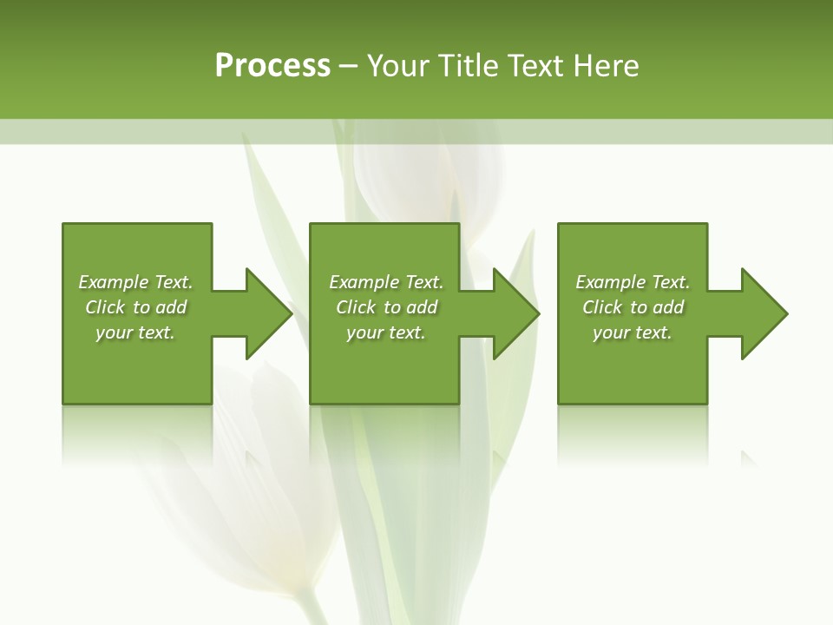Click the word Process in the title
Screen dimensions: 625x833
click(x=272, y=66)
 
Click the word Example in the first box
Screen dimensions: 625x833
click(x=113, y=282)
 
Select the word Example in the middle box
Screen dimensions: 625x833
click(x=364, y=282)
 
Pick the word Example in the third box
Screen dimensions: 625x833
click(x=610, y=282)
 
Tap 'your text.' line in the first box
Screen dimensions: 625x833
click(x=135, y=332)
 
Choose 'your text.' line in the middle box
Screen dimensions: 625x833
click(x=385, y=332)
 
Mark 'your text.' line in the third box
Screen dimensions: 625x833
click(x=632, y=332)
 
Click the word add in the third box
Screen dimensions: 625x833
click(x=668, y=307)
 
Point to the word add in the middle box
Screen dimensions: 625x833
click(x=422, y=307)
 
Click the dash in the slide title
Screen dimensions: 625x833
click(x=348, y=66)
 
